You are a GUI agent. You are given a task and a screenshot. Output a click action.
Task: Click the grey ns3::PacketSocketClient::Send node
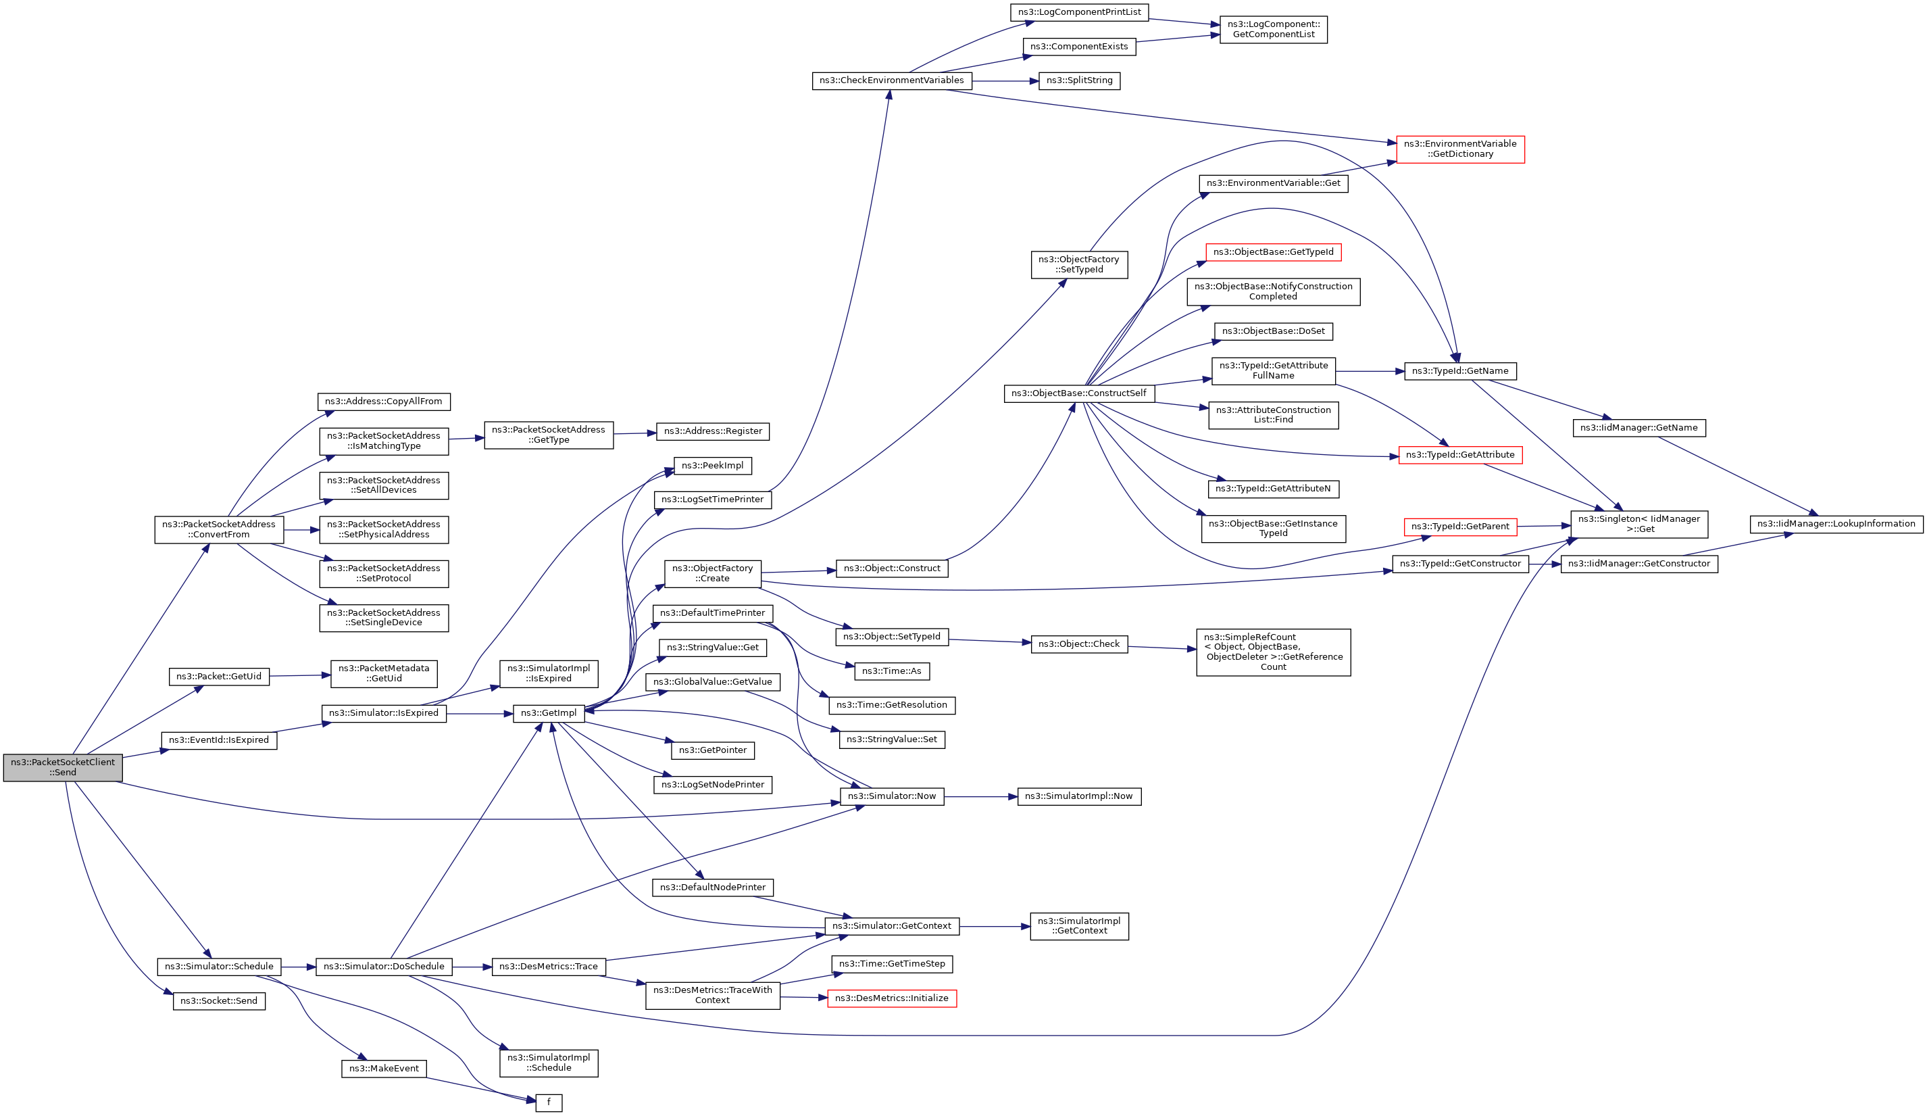(x=63, y=767)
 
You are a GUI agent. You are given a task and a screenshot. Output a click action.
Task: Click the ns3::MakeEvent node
(x=384, y=1069)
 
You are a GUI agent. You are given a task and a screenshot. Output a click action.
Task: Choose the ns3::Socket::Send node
(x=219, y=1000)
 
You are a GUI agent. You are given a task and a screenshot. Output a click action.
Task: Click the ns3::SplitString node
(x=1079, y=80)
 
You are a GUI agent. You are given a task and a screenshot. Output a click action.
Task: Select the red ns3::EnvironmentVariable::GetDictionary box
(x=1460, y=149)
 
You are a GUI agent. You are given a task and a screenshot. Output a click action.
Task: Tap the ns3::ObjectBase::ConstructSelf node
(x=1078, y=393)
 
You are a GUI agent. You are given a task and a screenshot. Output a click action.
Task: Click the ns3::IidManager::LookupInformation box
(x=1836, y=524)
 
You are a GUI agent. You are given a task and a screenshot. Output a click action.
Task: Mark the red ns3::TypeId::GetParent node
(x=1460, y=527)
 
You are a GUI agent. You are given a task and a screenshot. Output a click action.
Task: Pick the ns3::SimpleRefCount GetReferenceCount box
(x=1273, y=652)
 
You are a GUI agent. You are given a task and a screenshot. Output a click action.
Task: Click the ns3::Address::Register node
(x=713, y=431)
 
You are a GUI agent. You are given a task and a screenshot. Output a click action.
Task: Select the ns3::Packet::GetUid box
(x=219, y=676)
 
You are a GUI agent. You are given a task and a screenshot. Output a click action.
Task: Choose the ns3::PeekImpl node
(x=713, y=465)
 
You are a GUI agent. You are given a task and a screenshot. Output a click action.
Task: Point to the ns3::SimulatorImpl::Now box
(x=1078, y=796)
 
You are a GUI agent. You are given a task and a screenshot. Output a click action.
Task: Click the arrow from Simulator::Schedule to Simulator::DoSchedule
(x=298, y=967)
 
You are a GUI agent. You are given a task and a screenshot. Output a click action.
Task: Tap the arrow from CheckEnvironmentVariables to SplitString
(x=1005, y=80)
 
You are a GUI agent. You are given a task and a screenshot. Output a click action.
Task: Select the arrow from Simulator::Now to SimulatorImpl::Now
(x=980, y=796)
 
